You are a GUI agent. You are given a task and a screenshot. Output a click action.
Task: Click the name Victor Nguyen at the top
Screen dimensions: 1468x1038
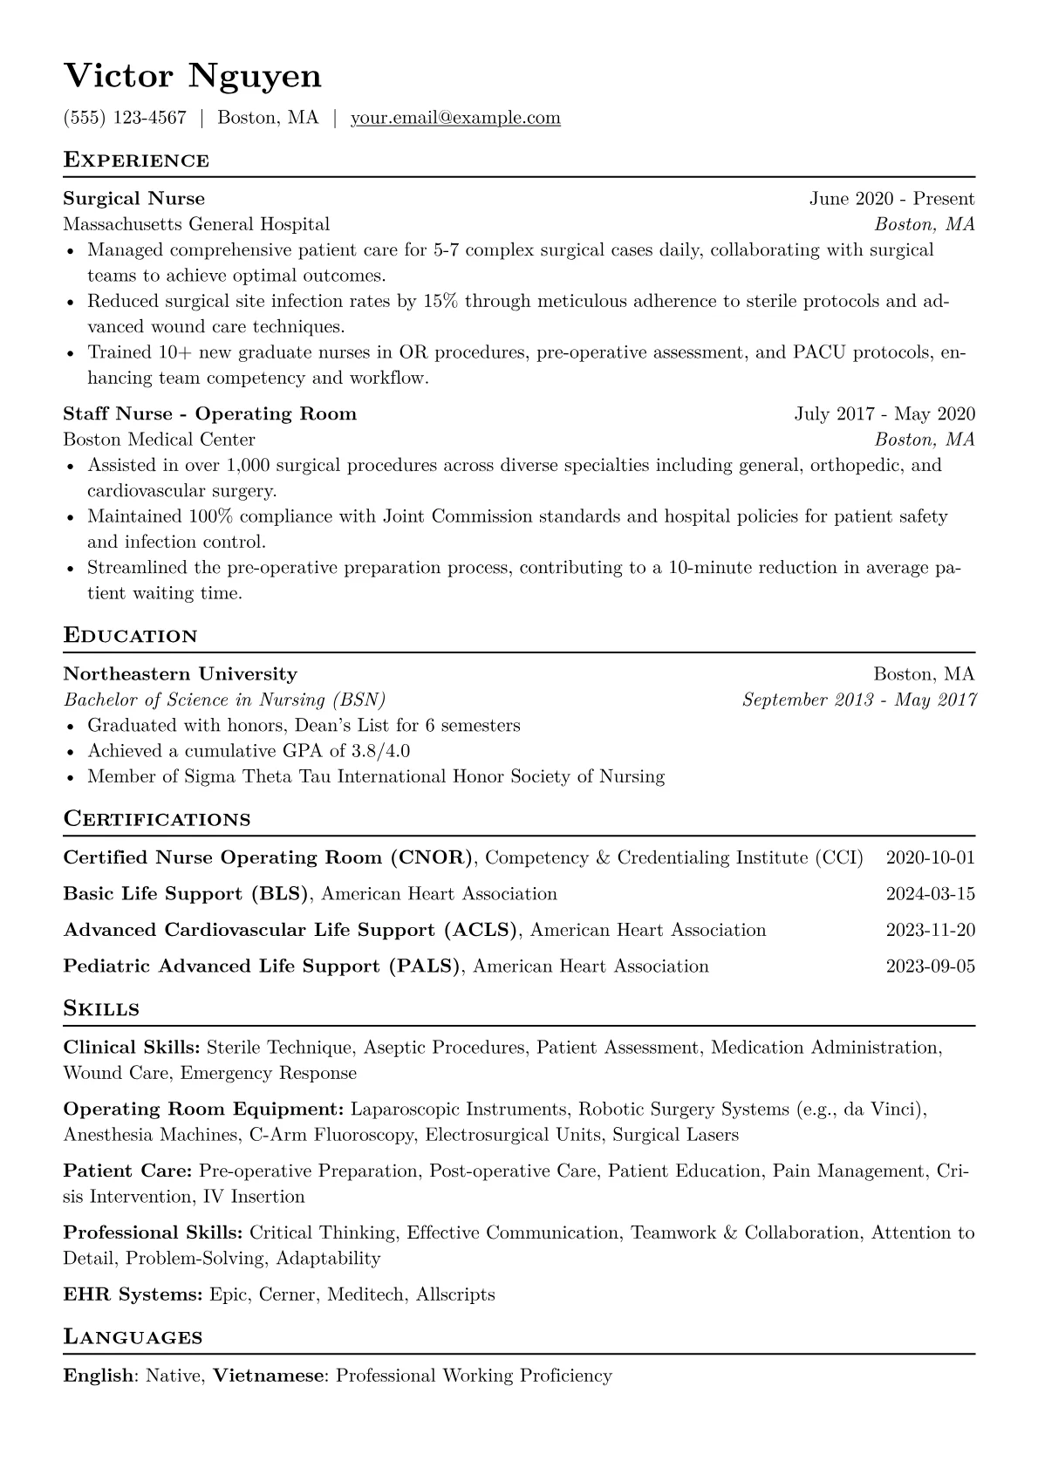click(x=193, y=77)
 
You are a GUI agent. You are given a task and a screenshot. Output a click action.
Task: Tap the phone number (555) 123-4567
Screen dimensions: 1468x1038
click(x=125, y=118)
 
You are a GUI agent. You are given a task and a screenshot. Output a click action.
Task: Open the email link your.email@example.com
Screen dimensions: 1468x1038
click(x=455, y=118)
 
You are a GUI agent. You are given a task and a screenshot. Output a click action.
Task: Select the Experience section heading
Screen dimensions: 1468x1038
click(x=136, y=160)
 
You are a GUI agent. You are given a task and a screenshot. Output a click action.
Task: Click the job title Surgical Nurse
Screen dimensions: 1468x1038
click(x=134, y=199)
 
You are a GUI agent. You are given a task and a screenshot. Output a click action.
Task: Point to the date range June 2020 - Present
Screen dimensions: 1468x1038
click(x=891, y=199)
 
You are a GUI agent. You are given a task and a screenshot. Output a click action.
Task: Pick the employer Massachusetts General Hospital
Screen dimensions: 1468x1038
click(x=196, y=224)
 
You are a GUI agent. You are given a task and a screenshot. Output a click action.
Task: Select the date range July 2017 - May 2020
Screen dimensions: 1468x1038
click(x=884, y=413)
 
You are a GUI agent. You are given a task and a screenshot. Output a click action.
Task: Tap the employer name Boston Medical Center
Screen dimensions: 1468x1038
click(x=160, y=439)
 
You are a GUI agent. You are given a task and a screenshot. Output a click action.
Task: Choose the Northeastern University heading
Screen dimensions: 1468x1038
click(x=181, y=674)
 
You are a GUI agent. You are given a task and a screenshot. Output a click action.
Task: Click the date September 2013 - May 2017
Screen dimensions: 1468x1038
click(x=859, y=700)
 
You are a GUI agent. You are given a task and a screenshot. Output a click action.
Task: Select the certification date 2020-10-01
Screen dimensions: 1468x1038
click(x=930, y=857)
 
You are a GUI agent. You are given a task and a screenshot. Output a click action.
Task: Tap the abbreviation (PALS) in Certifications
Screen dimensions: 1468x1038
click(x=426, y=966)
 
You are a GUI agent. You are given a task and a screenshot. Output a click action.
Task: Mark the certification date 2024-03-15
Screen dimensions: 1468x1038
click(x=930, y=894)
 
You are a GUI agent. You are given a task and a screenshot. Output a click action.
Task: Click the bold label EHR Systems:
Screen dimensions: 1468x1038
click(x=133, y=1294)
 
